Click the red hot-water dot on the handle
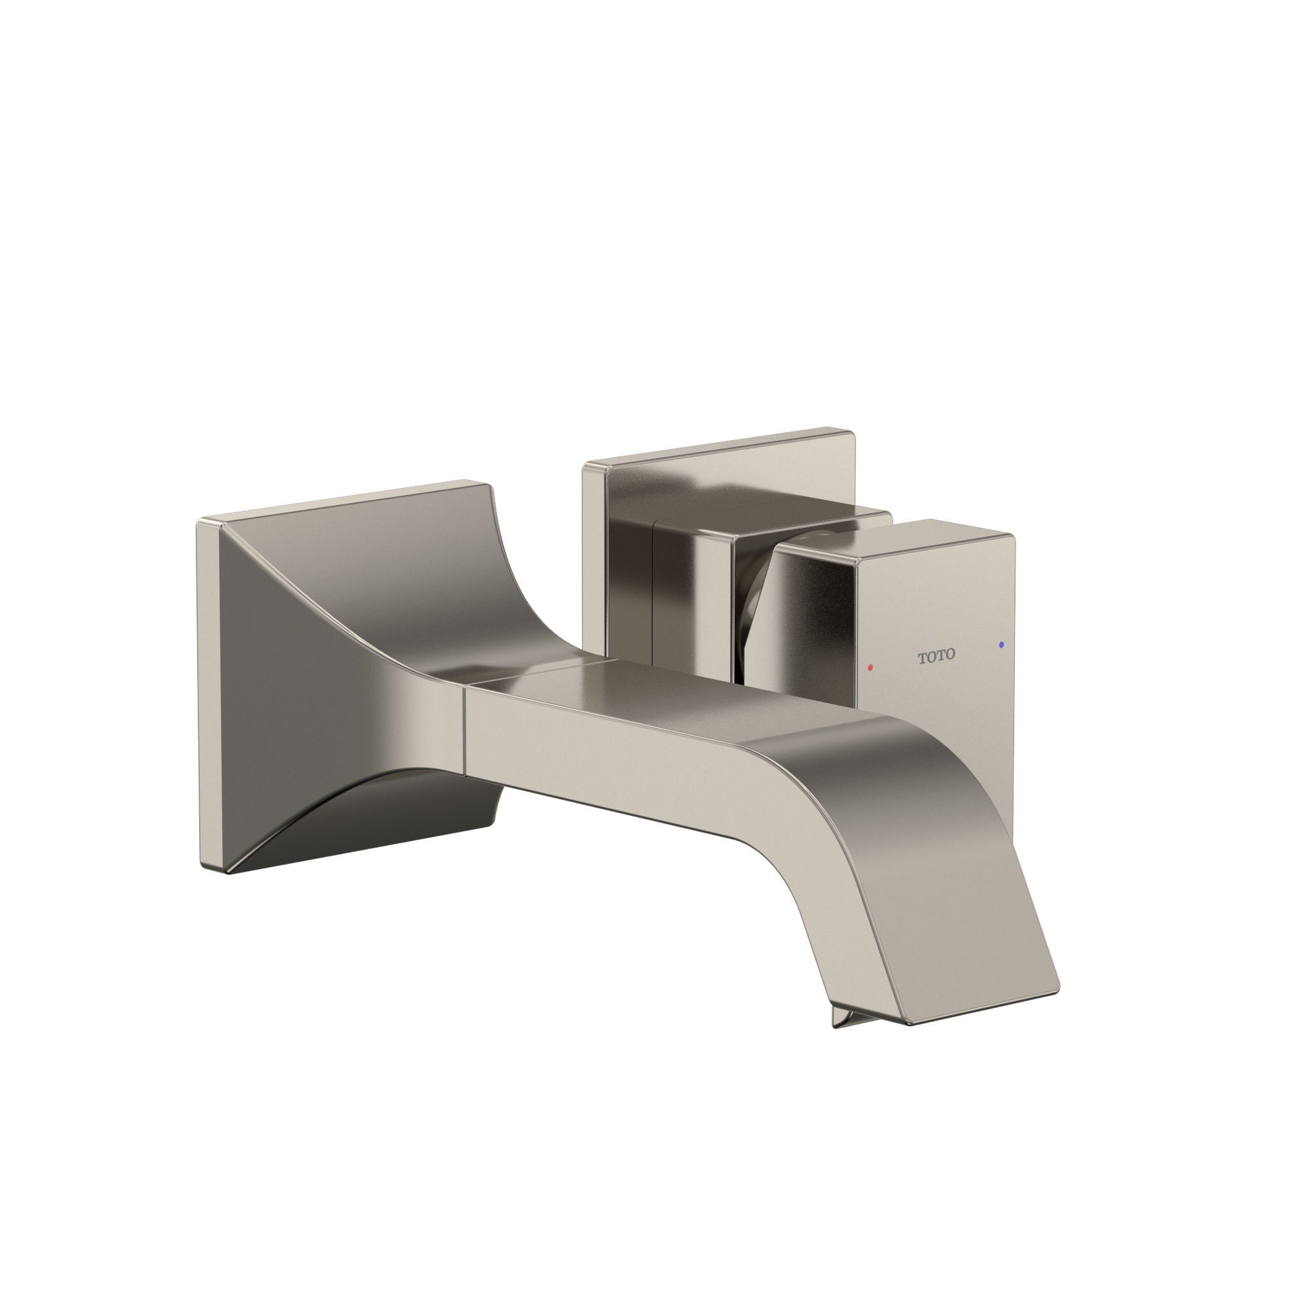[x=870, y=668]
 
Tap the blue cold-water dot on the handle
[x=1001, y=645]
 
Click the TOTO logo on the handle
[x=937, y=655]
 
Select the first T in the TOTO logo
[x=922, y=657]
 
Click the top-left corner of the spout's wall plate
[x=199, y=521]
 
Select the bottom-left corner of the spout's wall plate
[x=203, y=868]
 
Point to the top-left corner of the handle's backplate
[x=585, y=465]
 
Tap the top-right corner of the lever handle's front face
[x=1013, y=538]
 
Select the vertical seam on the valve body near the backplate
[x=652, y=589]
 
